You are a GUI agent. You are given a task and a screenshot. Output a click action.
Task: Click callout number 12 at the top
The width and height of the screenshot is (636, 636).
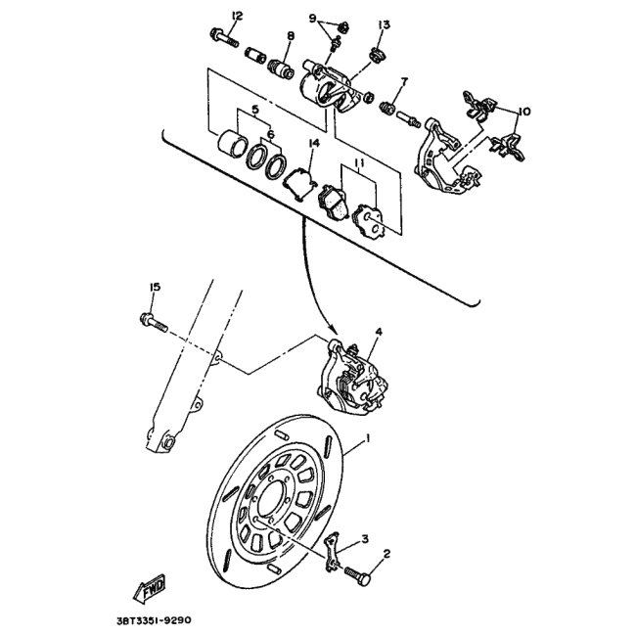pyautogui.click(x=237, y=17)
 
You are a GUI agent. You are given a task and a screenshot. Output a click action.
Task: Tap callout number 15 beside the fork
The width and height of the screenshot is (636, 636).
pyautogui.click(x=155, y=287)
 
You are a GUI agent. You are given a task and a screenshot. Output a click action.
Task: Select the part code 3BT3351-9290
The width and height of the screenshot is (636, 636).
pyautogui.click(x=154, y=620)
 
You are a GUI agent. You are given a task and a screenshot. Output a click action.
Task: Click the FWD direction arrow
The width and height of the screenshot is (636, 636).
pyautogui.click(x=150, y=588)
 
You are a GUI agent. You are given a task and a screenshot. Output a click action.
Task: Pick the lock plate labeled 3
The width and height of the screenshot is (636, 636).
pyautogui.click(x=333, y=552)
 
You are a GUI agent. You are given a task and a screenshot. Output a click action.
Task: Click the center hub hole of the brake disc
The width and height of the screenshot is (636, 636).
pyautogui.click(x=272, y=501)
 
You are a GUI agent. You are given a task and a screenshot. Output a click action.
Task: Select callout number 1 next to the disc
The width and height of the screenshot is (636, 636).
pyautogui.click(x=368, y=438)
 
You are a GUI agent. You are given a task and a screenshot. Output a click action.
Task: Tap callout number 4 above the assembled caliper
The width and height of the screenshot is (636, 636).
pyautogui.click(x=379, y=332)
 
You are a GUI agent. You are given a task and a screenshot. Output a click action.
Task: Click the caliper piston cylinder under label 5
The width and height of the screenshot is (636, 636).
pyautogui.click(x=233, y=143)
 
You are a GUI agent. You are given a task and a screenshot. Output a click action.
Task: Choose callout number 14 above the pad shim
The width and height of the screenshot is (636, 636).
pyautogui.click(x=314, y=143)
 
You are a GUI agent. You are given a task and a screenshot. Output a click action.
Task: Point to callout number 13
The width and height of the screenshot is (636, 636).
pyautogui.click(x=384, y=25)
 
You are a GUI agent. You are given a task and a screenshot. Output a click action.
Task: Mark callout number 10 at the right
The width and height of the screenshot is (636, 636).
pyautogui.click(x=524, y=112)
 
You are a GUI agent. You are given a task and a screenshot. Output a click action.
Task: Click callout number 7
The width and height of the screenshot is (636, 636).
pyautogui.click(x=403, y=82)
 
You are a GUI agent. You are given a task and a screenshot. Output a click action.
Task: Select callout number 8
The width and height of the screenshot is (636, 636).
pyautogui.click(x=291, y=35)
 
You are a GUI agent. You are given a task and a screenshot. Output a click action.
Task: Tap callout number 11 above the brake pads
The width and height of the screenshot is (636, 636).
pyautogui.click(x=359, y=163)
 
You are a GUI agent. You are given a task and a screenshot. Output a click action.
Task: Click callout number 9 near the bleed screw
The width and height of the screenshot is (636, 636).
pyautogui.click(x=312, y=19)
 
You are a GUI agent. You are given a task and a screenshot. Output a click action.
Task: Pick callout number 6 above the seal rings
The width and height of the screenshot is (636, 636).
pyautogui.click(x=270, y=134)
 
